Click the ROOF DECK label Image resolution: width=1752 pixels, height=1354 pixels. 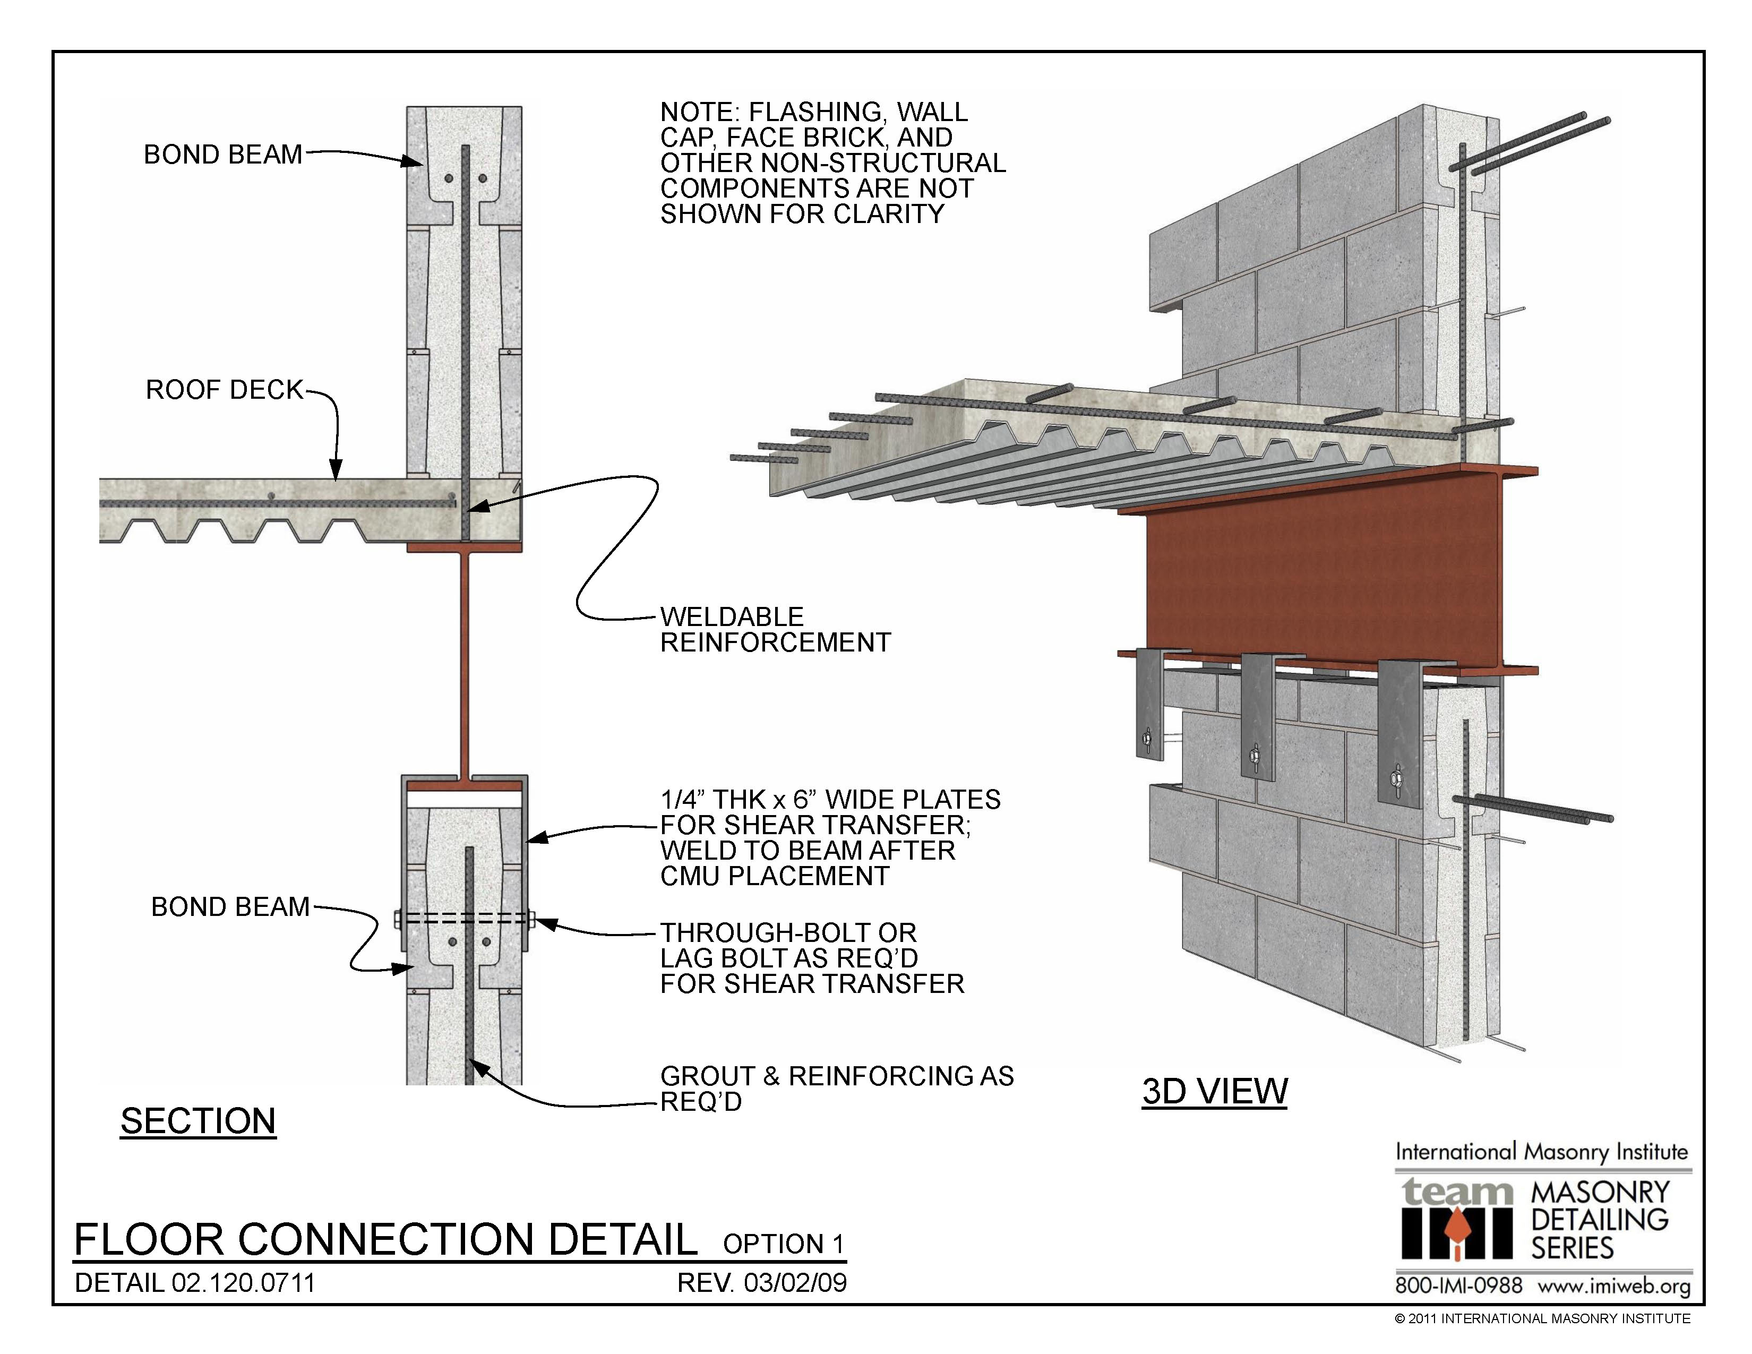coord(224,390)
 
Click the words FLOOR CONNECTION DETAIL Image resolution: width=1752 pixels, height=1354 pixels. coord(385,1239)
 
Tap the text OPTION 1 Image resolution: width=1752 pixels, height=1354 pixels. coord(783,1244)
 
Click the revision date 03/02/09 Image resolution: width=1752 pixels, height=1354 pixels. coord(794,1283)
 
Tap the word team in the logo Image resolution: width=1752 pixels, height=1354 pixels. coord(1457,1193)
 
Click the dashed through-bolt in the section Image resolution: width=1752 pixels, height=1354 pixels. coord(465,919)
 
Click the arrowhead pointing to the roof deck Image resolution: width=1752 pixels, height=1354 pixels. coord(336,472)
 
